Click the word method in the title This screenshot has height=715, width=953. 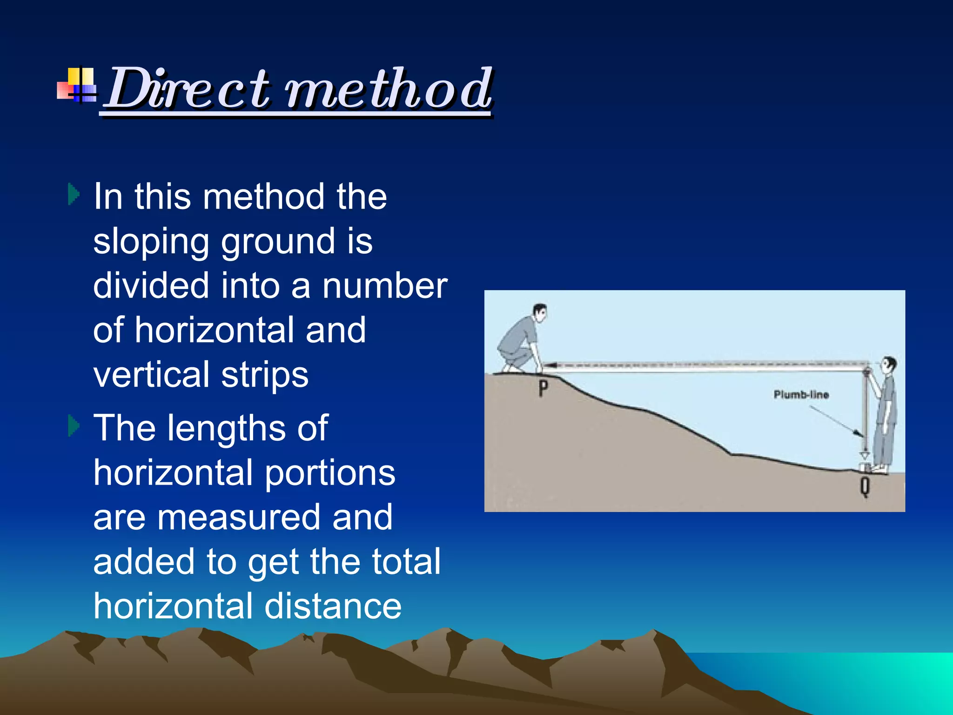coord(389,88)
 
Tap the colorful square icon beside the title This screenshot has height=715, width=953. coord(77,85)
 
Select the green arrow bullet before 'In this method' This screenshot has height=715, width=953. coord(74,194)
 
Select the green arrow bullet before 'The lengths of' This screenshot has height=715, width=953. coord(74,425)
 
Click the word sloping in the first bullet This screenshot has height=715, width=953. coord(151,242)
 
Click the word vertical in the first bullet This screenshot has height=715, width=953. coord(151,375)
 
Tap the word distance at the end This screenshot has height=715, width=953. coord(333,607)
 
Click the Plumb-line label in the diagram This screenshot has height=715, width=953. coord(801,395)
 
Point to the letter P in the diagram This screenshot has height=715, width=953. coord(543,388)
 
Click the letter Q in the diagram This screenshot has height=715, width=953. coord(865,487)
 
